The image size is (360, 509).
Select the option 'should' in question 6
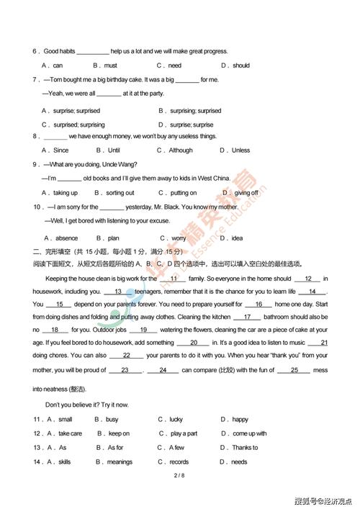click(x=241, y=66)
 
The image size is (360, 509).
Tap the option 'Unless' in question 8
click(x=241, y=150)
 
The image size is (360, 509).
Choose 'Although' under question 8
click(x=181, y=150)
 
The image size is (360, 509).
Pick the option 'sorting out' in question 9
click(x=120, y=193)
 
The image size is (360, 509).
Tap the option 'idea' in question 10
click(x=237, y=238)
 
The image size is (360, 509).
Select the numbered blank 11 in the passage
click(x=174, y=279)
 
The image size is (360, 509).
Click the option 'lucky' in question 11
click(x=176, y=419)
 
